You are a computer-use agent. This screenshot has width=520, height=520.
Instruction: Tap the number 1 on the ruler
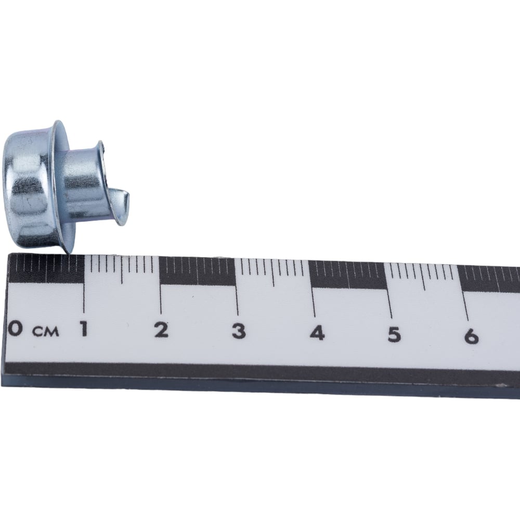pos(84,329)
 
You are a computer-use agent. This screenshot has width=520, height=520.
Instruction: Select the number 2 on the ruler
pos(162,330)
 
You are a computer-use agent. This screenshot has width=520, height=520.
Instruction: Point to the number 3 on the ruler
pos(239,332)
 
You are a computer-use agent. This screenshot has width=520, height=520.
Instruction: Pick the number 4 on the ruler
pos(317,333)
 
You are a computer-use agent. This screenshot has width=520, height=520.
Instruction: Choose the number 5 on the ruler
pos(394,334)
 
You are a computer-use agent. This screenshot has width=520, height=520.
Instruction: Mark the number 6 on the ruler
pos(471,336)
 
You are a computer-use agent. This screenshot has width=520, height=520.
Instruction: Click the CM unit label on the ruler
pos(46,331)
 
